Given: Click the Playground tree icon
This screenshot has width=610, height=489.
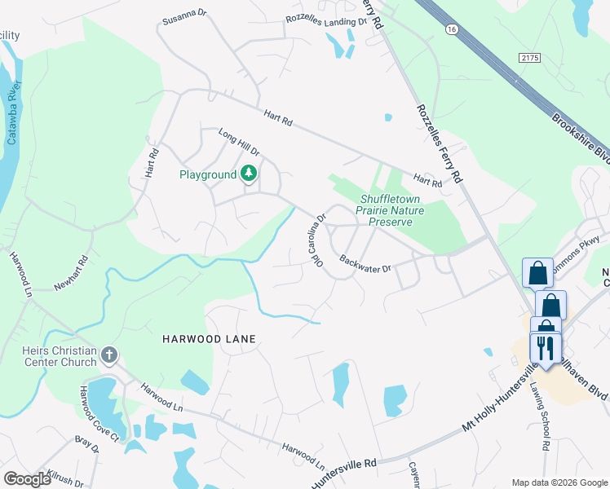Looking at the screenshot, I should point(250,174).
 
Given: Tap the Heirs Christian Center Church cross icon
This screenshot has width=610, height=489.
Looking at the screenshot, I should point(109,355).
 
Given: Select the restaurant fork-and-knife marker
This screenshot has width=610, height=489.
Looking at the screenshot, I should point(546,349).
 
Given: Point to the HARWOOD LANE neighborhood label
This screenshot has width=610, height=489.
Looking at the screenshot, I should point(209,338).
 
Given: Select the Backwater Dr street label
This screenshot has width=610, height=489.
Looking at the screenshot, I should point(366,266).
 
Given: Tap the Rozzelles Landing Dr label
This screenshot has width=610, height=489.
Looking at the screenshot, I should point(323,20).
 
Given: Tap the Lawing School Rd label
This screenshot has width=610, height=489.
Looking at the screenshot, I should point(541,416).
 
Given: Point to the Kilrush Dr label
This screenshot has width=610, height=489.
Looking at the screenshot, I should point(65,482).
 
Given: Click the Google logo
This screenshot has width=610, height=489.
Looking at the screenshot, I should point(28,479).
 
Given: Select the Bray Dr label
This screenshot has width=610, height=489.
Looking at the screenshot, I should point(86,446).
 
